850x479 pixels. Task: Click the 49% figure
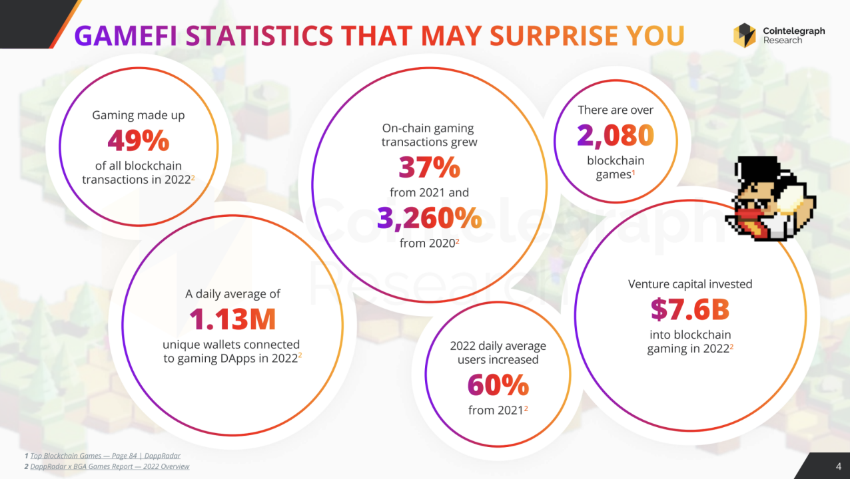(139, 141)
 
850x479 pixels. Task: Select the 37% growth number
(429, 168)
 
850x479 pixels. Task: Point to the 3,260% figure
(429, 218)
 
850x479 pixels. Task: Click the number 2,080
(616, 136)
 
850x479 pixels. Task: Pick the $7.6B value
(690, 309)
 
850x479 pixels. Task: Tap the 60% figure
(498, 385)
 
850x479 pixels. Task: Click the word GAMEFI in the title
(127, 36)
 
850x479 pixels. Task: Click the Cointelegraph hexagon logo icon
(744, 35)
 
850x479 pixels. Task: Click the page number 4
(838, 465)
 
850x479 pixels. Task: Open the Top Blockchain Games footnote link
(105, 456)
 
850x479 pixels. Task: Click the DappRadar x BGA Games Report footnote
(109, 466)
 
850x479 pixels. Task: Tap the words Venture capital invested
(690, 284)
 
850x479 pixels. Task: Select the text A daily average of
(232, 293)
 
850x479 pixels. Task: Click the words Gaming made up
(138, 115)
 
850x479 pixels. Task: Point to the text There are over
(616, 110)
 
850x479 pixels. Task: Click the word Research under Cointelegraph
(783, 41)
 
